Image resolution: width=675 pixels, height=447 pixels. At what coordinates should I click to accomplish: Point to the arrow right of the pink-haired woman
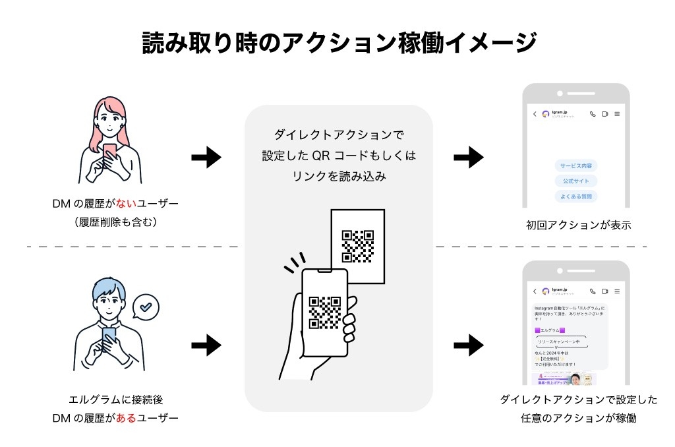[206, 158]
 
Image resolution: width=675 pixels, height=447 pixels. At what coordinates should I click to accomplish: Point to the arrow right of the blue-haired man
[206, 344]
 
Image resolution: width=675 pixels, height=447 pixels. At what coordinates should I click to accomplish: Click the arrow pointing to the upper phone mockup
[469, 158]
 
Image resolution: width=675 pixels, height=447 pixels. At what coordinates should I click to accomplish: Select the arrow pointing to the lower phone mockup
[469, 344]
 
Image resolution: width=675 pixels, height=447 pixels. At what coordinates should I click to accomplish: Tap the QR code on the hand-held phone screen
[325, 313]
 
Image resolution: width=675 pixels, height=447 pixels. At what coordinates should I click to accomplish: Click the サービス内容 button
[576, 165]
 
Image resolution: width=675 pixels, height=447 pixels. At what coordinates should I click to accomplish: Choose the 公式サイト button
[576, 181]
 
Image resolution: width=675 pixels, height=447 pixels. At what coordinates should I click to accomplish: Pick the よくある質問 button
[576, 196]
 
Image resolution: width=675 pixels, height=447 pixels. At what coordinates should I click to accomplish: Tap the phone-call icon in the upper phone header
[593, 114]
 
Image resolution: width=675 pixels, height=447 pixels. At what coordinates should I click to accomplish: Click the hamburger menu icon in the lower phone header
[617, 291]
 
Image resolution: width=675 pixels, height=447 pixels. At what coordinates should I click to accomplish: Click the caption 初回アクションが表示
[578, 225]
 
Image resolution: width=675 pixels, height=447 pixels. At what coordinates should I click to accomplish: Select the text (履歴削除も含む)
[115, 222]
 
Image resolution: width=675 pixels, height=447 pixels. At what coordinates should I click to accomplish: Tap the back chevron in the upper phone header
[535, 114]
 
